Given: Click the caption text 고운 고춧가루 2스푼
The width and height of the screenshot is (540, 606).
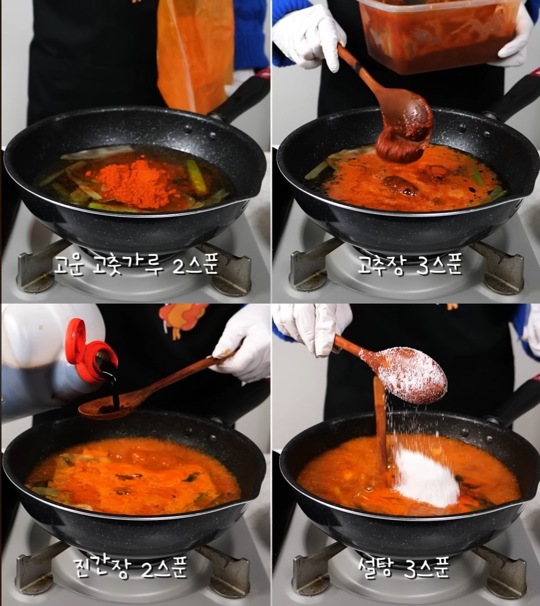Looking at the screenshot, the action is click(136, 265).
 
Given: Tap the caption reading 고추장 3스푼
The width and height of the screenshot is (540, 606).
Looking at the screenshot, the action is click(410, 265).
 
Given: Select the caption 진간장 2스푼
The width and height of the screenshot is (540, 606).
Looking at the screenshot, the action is click(130, 567).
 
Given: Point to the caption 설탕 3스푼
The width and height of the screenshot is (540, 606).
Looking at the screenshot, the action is click(403, 567).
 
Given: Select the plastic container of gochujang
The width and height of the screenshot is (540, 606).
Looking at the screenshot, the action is click(438, 35).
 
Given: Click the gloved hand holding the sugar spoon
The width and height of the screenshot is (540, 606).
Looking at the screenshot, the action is click(313, 328).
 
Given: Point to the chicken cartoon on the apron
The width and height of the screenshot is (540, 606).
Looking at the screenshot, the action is click(183, 319).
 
